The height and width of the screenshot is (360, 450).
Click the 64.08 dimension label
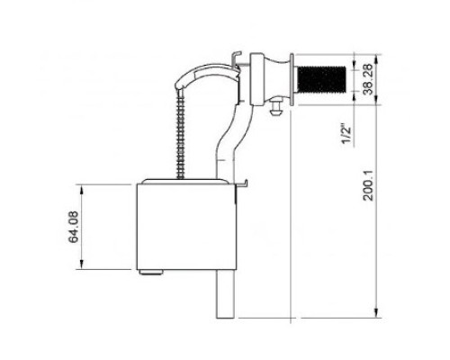(x=74, y=227)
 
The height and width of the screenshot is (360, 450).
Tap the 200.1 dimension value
(x=368, y=185)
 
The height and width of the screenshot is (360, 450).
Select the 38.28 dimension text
(x=368, y=79)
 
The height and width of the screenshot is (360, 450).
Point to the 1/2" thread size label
(x=346, y=135)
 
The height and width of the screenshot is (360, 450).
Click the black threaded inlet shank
(x=321, y=79)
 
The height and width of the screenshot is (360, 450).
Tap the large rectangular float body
(x=186, y=227)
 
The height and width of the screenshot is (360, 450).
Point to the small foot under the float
(x=151, y=273)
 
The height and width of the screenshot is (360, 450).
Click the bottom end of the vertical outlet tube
(x=225, y=318)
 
